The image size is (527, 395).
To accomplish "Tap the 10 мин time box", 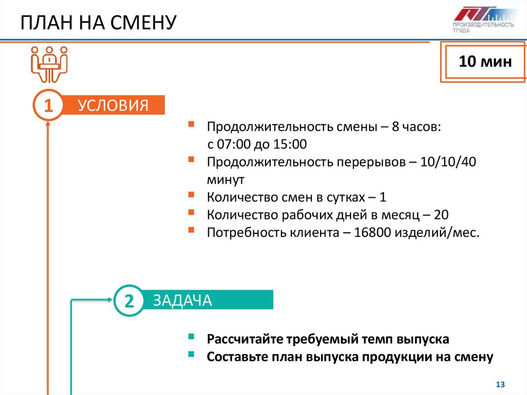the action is coord(485,62).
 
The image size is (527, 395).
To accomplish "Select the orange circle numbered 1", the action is coord(48,106).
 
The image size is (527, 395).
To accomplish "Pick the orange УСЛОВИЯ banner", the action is coord(113,106).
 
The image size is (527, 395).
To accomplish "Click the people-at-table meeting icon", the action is coord(49,63).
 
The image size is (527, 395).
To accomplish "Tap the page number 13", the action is coord(500,384).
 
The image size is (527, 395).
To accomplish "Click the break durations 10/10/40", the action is coord(448,162).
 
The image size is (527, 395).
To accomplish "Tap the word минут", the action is coord(226,180).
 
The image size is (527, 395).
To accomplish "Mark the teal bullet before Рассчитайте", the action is coord(191,338).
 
